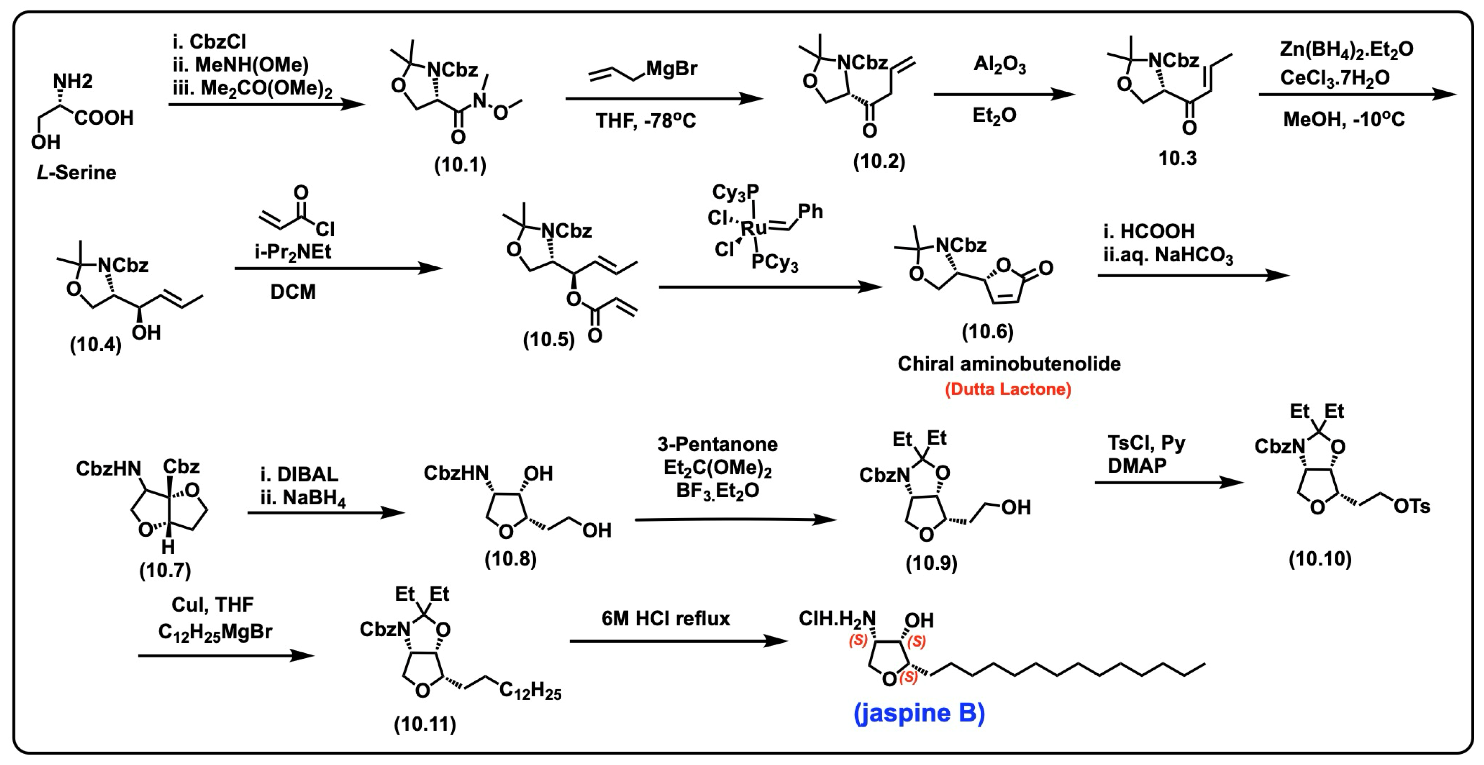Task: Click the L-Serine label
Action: (x=76, y=172)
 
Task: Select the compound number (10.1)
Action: (x=460, y=165)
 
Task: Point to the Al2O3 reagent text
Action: (x=1000, y=64)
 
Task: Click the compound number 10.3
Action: (x=1177, y=158)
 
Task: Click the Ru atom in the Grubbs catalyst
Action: (x=753, y=228)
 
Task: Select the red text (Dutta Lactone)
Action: (x=1008, y=389)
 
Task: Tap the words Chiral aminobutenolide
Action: (x=1009, y=364)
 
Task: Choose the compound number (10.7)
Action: (x=165, y=570)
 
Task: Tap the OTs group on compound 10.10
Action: (x=1412, y=506)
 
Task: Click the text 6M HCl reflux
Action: (x=665, y=619)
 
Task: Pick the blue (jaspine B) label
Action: (x=919, y=713)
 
